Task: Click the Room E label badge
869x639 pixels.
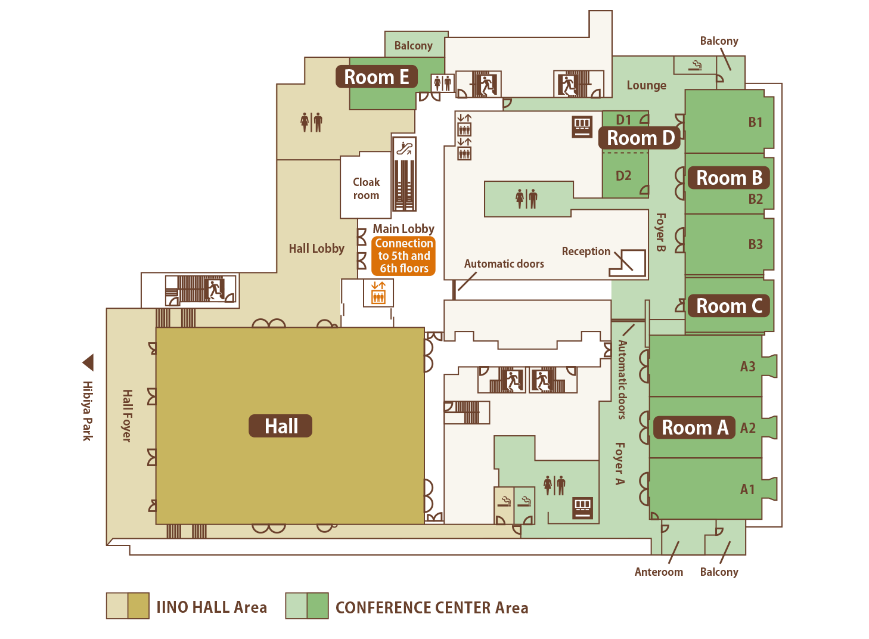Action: [x=377, y=77]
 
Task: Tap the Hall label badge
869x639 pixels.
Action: [x=281, y=426]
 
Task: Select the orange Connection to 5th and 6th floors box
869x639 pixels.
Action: [x=404, y=256]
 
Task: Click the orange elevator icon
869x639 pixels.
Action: [x=378, y=293]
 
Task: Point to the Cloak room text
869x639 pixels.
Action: [x=366, y=188]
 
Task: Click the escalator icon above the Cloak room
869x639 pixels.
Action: [x=404, y=148]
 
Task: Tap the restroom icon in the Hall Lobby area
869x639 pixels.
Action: [x=312, y=123]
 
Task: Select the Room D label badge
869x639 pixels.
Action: [x=640, y=138]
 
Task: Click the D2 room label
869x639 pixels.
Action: [x=623, y=176]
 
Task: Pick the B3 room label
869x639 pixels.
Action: [x=755, y=244]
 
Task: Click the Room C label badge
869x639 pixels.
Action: [x=729, y=306]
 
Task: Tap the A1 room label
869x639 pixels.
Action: [x=747, y=489]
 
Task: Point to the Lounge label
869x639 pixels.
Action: [x=647, y=85]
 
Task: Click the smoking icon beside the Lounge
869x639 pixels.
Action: [x=695, y=65]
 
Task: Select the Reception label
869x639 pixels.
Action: [x=586, y=252]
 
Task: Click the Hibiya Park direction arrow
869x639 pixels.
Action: [x=88, y=362]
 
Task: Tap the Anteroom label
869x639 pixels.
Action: [x=659, y=572]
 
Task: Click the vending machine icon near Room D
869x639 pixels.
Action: [x=582, y=127]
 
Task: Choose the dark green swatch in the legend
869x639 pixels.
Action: [x=317, y=606]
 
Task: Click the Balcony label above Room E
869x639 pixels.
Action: [x=414, y=46]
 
